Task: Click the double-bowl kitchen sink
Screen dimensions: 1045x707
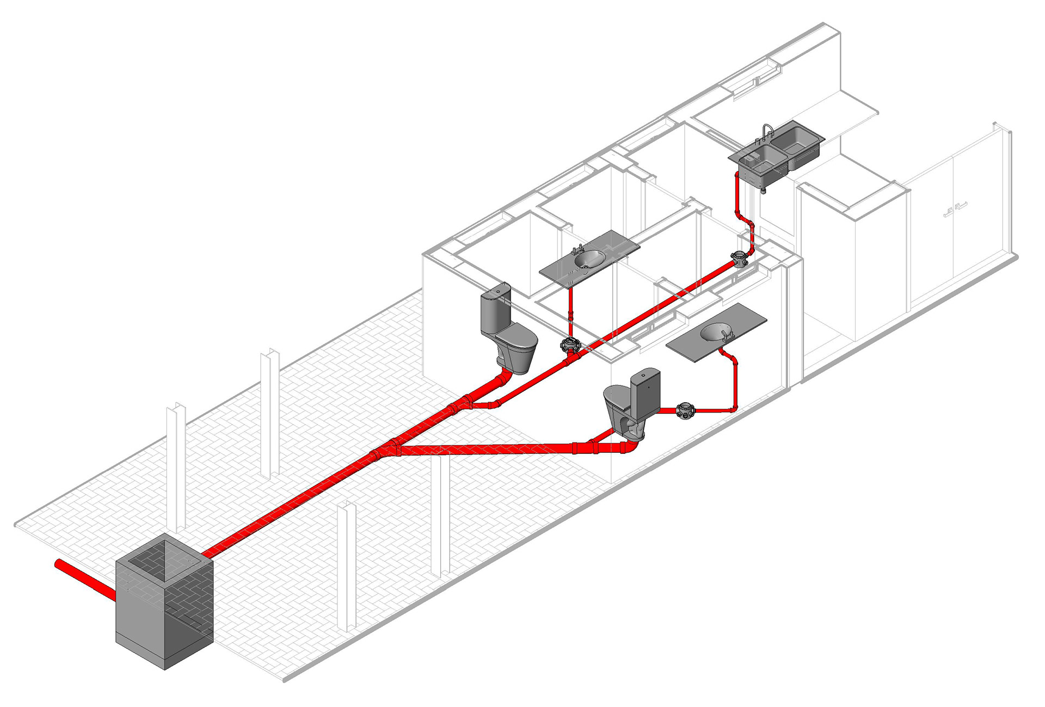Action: point(777,151)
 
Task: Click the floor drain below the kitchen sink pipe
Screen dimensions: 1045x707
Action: point(739,260)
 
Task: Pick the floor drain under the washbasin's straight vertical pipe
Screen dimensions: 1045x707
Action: point(569,345)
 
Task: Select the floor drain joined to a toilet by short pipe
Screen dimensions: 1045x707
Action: point(685,410)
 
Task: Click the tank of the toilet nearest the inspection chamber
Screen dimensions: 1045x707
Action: point(495,310)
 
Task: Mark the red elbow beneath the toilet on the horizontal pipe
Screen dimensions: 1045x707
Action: point(631,446)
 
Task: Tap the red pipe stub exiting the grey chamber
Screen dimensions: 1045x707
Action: point(82,577)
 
